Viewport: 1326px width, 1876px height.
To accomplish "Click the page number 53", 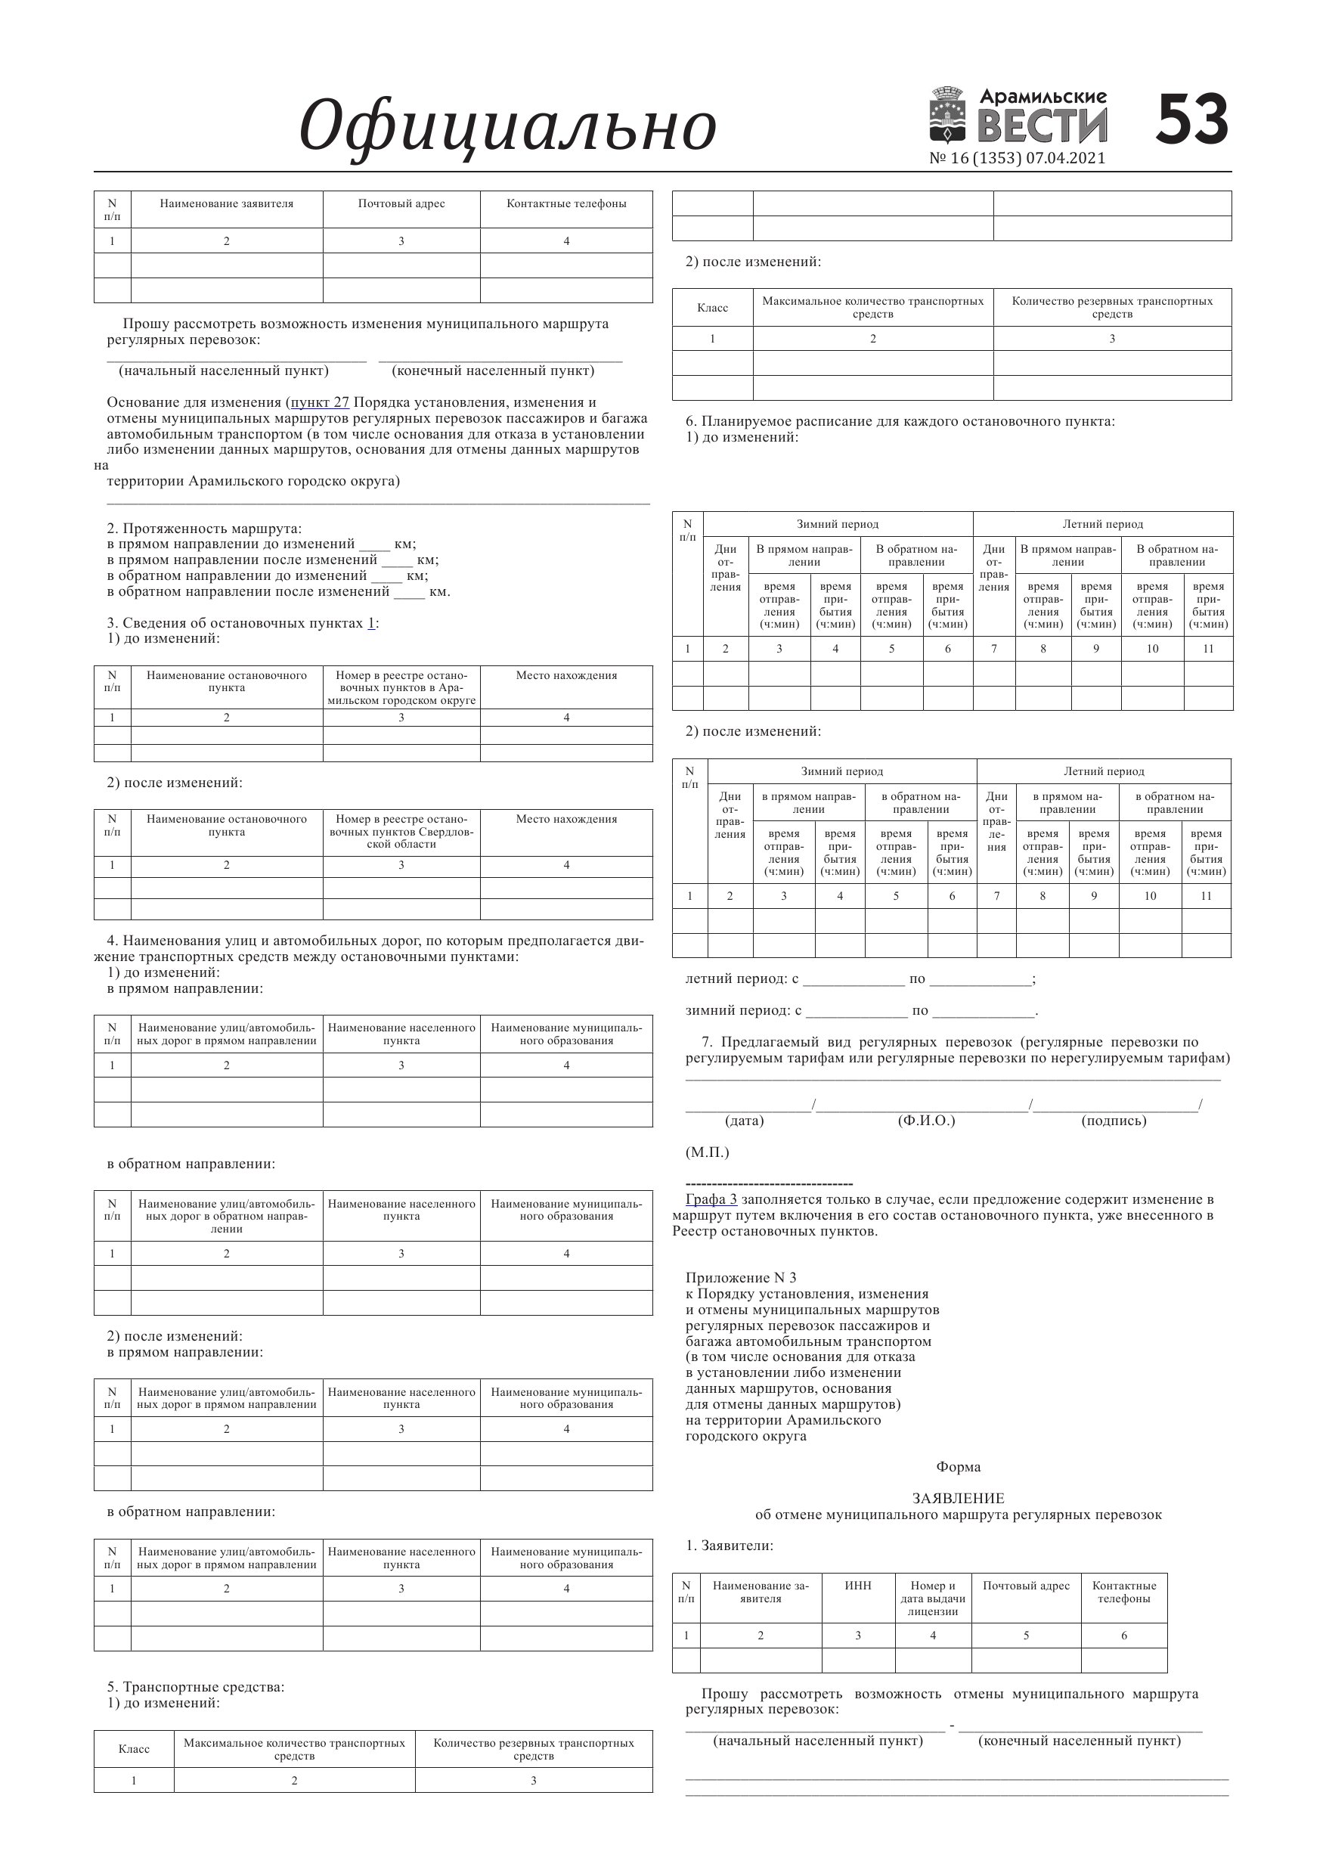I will click(1192, 119).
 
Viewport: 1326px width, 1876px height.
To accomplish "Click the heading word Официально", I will click(507, 126).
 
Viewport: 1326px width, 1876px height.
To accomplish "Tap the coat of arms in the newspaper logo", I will click(948, 116).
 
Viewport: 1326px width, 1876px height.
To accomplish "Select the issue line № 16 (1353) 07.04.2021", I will click(1017, 159).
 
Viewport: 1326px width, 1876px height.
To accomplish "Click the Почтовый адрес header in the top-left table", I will click(401, 203).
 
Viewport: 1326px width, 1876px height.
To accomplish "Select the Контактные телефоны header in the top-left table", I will click(566, 203).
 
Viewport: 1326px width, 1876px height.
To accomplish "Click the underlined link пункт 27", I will click(321, 402).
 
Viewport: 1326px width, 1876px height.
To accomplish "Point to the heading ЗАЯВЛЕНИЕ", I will click(958, 1499).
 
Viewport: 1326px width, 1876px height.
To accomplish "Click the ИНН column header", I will click(858, 1586).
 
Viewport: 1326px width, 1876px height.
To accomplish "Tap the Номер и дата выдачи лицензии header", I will click(933, 1598).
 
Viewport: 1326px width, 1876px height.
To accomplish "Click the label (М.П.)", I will click(707, 1152).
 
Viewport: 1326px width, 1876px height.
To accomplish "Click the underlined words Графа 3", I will click(711, 1199).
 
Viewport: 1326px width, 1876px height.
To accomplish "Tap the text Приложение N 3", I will click(740, 1278).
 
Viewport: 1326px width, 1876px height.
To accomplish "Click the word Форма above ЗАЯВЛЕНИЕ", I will click(959, 1467).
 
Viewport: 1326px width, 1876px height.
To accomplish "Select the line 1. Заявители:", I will click(729, 1546).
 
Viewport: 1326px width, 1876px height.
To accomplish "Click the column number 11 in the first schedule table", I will click(1207, 649).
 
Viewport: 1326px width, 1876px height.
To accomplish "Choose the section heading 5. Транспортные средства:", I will click(195, 1687).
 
